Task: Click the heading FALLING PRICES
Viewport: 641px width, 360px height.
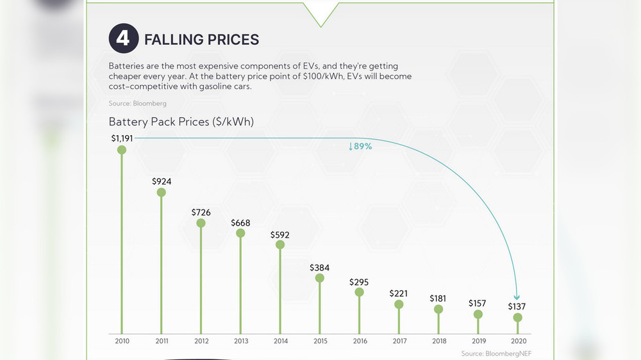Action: (201, 40)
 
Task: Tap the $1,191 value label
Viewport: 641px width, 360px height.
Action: (122, 138)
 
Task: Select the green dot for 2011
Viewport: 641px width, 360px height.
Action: (162, 192)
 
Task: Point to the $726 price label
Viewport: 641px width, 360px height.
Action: (201, 212)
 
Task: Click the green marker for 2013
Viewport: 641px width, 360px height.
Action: (240, 233)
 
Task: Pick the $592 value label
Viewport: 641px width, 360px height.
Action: (280, 234)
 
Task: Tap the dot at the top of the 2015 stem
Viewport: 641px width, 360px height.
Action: (320, 278)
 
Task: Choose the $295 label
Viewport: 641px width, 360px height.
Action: (359, 282)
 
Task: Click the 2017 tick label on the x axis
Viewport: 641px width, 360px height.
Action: (399, 341)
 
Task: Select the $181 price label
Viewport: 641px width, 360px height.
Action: (438, 299)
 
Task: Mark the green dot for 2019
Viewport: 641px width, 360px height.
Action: (478, 315)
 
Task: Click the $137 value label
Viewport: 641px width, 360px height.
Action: (517, 306)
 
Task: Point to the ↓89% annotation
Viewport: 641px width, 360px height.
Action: (360, 147)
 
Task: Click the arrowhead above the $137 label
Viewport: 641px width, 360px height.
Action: (517, 297)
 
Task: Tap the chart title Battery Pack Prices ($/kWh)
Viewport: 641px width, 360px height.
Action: (181, 122)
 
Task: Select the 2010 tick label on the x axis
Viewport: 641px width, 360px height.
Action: (122, 341)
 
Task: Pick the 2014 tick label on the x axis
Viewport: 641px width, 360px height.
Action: (280, 341)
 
